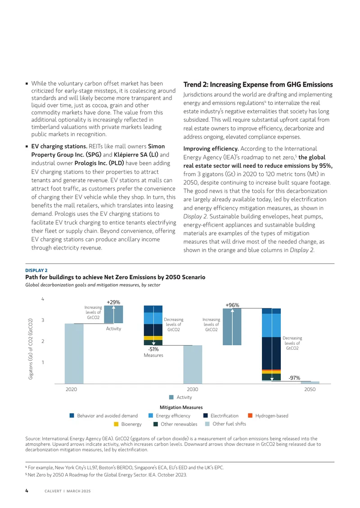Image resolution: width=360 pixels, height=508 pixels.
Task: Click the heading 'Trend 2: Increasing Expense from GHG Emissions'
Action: pos(258,85)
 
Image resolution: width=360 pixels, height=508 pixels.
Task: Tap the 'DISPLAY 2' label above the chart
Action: pos(36,271)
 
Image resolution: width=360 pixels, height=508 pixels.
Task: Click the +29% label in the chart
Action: pos(113,302)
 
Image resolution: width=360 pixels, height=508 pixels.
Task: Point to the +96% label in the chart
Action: pos(232,305)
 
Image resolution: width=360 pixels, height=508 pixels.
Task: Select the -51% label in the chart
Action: pos(153,349)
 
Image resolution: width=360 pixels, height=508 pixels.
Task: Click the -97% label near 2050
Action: pos(294,378)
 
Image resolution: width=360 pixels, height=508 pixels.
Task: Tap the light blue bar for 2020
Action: pos(74,353)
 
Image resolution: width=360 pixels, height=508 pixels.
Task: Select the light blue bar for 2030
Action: pos(193,365)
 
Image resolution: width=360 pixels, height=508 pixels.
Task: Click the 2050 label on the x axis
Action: pos(310,389)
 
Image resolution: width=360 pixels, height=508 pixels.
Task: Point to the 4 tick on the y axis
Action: pos(42,299)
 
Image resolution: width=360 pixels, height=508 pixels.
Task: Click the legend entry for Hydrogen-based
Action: pos(268,416)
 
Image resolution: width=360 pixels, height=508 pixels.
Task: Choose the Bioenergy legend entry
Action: pos(128,424)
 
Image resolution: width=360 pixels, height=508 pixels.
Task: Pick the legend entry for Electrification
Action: pos(221,416)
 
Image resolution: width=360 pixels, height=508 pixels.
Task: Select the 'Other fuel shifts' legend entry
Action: pos(225,424)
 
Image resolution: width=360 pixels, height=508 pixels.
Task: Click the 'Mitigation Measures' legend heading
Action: pos(181,407)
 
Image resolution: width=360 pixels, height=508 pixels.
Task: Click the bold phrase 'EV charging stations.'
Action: pos(59,147)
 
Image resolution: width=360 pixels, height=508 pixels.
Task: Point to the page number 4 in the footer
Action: pos(27,491)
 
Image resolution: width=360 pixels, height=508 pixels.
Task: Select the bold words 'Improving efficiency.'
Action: pos(211,149)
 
